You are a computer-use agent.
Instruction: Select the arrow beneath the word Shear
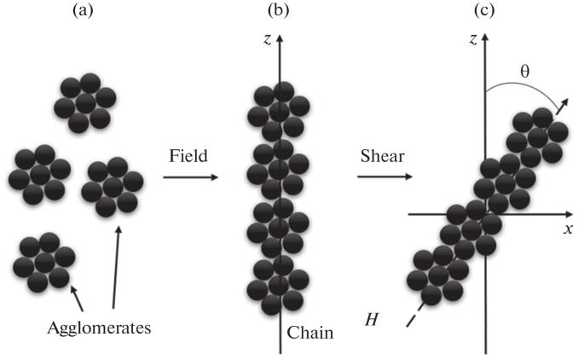(385, 177)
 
